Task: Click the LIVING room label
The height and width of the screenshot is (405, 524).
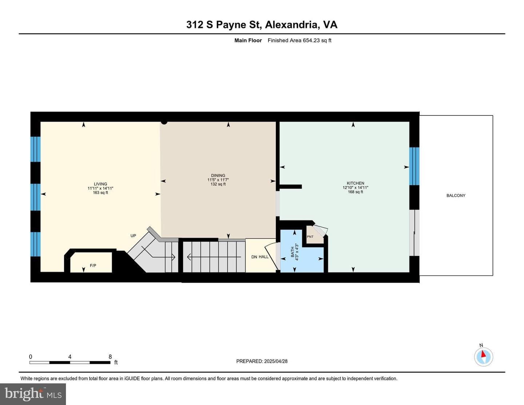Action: [x=100, y=184]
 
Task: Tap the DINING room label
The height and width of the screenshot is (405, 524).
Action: [x=218, y=175]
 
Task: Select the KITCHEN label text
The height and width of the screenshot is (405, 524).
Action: [x=356, y=183]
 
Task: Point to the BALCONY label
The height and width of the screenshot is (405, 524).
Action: [x=456, y=195]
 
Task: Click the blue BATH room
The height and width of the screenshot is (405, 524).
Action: [x=302, y=258]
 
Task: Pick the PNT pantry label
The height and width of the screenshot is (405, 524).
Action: [x=310, y=237]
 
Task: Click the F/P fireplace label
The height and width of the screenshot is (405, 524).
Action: [x=93, y=265]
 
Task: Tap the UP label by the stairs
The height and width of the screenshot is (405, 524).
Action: [x=133, y=235]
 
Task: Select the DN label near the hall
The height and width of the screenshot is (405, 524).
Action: [x=254, y=257]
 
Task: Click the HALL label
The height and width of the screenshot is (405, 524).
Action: [x=263, y=257]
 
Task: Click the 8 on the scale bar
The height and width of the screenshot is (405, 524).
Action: [x=110, y=357]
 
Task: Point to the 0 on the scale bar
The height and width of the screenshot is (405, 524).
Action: [x=30, y=357]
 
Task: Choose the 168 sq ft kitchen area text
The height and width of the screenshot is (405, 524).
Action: [x=356, y=192]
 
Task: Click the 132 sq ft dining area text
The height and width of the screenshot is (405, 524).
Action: [x=218, y=184]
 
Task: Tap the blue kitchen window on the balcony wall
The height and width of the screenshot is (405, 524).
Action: [x=414, y=166]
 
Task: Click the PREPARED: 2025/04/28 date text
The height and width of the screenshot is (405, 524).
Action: [x=262, y=361]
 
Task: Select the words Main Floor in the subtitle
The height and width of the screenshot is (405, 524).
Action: [x=248, y=40]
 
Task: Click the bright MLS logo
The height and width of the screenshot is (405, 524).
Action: [x=33, y=394]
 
